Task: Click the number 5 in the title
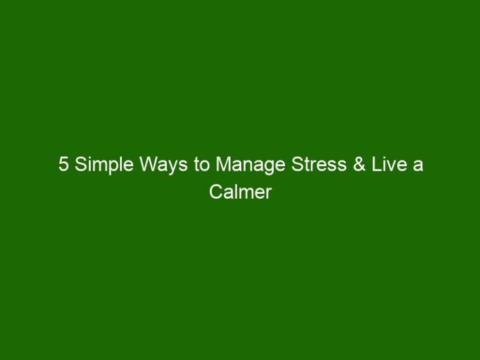point(63,164)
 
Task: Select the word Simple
point(104,165)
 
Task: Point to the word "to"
point(201,165)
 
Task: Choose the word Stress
point(319,164)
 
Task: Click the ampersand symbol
point(359,164)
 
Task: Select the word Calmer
point(240,192)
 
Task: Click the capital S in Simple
point(81,164)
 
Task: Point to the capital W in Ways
point(149,164)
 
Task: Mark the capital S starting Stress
point(297,164)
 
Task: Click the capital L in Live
point(376,164)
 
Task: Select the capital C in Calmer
point(216,192)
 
